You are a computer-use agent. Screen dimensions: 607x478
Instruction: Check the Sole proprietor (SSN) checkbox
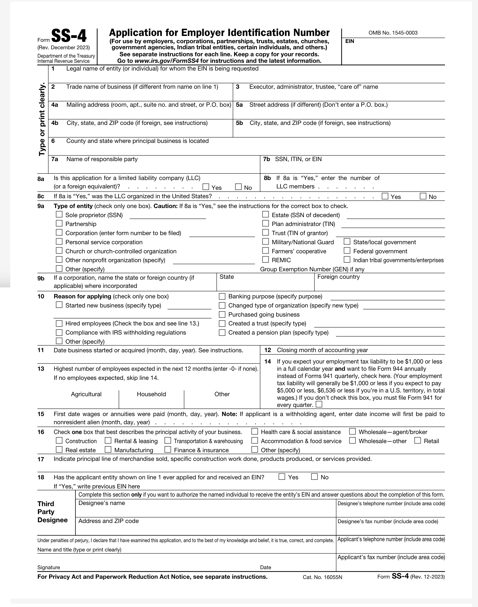coord(59,215)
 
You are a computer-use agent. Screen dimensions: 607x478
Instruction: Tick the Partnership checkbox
coord(59,223)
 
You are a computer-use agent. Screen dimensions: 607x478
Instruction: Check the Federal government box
coord(347,251)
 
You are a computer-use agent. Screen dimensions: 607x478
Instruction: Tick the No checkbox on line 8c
coord(423,196)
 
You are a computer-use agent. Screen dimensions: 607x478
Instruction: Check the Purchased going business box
coord(222,314)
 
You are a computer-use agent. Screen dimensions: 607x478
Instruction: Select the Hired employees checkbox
coord(59,324)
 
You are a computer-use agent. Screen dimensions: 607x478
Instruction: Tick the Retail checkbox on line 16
coord(417,440)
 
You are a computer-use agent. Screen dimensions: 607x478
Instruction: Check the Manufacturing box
coord(108,449)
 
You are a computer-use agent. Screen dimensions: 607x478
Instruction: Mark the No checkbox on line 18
coord(314,476)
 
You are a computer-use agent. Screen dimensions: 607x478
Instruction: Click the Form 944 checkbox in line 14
coord(319,404)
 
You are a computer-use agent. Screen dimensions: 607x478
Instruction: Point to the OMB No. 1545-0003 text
coord(393,33)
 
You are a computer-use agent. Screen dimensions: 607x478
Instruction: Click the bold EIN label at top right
coord(350,41)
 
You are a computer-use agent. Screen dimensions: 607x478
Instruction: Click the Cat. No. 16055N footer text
coord(322,577)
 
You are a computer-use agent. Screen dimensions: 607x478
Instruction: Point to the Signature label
coord(49,567)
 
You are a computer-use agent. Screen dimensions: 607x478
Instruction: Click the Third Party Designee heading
coord(52,512)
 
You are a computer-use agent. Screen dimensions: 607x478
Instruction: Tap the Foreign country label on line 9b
coord(338,277)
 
